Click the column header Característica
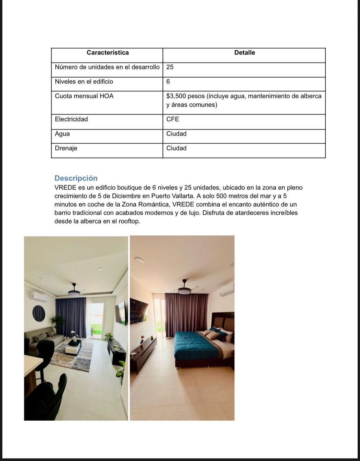coord(108,53)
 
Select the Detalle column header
coord(244,53)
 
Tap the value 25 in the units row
coord(170,67)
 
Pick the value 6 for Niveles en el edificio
coord(168,81)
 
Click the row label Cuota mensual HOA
coord(84,96)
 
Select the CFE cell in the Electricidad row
coord(173,119)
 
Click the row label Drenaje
coord(66,148)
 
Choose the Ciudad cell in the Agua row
coord(176,134)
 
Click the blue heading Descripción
coord(76,178)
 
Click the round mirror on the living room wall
coord(38,313)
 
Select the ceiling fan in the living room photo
coord(74,291)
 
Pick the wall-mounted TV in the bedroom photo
coord(139,310)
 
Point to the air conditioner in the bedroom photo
coord(227,290)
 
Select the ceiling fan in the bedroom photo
coord(185,289)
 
